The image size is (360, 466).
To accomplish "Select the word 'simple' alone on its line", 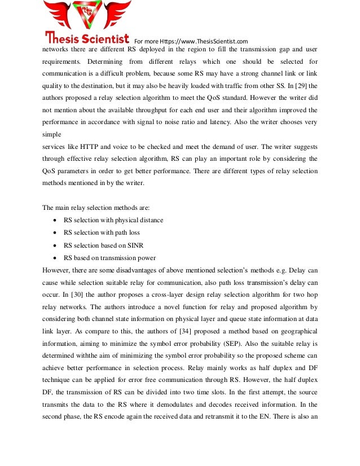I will pyautogui.click(x=52, y=135).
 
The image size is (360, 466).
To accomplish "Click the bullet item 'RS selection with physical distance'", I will pyautogui.click(x=113, y=220).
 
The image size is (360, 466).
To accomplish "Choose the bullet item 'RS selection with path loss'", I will pyautogui.click(x=102, y=232).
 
